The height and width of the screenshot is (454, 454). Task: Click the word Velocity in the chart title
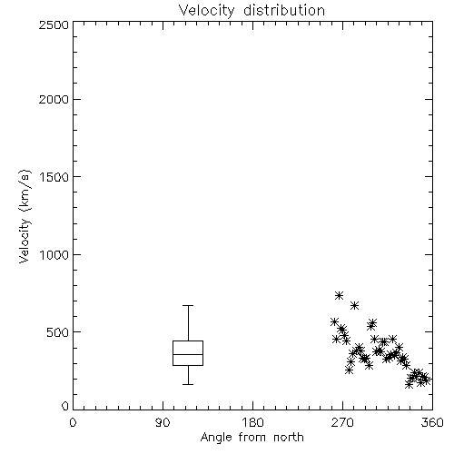(x=206, y=11)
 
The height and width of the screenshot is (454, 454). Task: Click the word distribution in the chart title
(x=284, y=10)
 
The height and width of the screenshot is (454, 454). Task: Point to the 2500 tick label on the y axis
(x=54, y=25)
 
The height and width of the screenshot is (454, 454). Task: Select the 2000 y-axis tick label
(x=54, y=99)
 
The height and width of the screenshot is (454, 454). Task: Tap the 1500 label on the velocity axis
(x=54, y=177)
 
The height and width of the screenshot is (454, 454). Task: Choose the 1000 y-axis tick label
(x=54, y=254)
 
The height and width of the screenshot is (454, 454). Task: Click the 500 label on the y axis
(x=58, y=332)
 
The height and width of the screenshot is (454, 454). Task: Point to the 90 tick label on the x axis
(x=163, y=422)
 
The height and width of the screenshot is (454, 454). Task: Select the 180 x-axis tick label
(x=252, y=422)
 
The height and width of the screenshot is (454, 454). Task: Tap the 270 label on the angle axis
(x=342, y=422)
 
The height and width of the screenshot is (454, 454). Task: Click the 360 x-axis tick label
(x=432, y=422)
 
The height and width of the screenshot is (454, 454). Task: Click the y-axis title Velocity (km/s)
(x=25, y=216)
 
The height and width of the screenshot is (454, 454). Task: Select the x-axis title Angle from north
(x=252, y=438)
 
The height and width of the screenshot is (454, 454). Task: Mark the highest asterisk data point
(x=339, y=295)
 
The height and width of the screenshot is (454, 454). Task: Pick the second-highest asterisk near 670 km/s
(x=355, y=306)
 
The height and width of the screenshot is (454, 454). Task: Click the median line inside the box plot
(x=188, y=354)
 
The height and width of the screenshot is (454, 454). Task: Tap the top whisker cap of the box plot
(x=188, y=306)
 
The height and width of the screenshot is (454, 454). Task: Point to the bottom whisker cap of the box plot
(x=188, y=384)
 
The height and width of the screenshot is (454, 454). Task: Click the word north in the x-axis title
(x=289, y=437)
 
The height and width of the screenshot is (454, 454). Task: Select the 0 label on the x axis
(x=73, y=422)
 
